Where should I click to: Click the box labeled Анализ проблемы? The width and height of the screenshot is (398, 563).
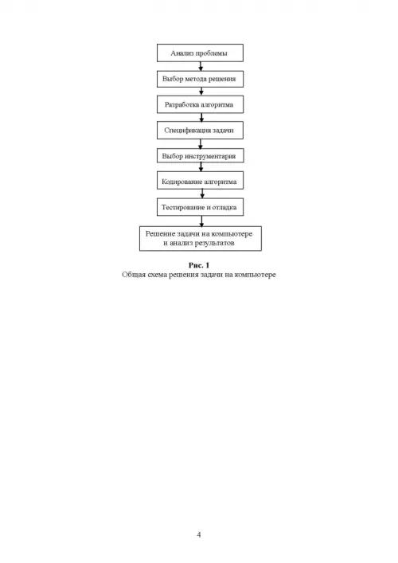pos(200,53)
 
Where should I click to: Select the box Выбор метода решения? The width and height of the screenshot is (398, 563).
pos(200,79)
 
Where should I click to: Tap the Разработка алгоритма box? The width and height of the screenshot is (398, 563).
pos(200,104)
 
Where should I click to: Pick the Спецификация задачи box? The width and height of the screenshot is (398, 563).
pos(200,130)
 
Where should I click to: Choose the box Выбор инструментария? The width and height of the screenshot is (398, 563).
pos(200,155)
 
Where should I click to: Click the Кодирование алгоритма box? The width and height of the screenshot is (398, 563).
pos(200,180)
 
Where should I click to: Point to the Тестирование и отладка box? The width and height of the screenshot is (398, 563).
pos(200,207)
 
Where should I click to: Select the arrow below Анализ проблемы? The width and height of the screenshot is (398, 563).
pos(201,66)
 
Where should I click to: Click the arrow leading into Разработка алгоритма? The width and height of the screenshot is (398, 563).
pos(201,92)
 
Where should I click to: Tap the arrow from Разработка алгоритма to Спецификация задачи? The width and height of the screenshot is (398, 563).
pos(201,117)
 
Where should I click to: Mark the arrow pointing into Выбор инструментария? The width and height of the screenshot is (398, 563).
pos(201,143)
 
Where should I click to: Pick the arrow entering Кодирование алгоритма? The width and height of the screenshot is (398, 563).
pos(201,167)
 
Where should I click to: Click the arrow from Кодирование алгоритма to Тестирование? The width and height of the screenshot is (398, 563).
pos(202,194)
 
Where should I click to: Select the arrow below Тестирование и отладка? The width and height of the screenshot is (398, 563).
pos(201,221)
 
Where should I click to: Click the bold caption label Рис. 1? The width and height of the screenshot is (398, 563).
pos(199,265)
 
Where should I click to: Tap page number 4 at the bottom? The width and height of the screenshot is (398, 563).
pos(199,534)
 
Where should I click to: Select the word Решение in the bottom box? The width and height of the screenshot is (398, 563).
pos(160,234)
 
